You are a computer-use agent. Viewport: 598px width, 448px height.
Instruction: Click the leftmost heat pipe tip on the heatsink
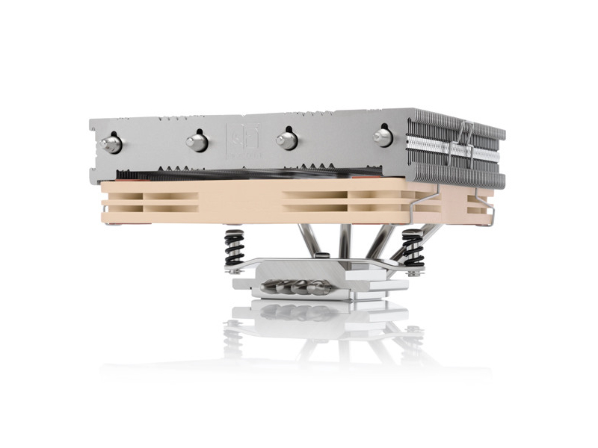click(x=111, y=143)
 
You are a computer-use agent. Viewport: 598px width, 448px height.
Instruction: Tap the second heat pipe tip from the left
click(x=198, y=140)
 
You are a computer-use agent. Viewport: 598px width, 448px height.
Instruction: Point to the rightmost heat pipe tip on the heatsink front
click(x=383, y=136)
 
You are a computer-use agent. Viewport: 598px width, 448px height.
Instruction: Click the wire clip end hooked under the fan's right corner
click(x=490, y=217)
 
